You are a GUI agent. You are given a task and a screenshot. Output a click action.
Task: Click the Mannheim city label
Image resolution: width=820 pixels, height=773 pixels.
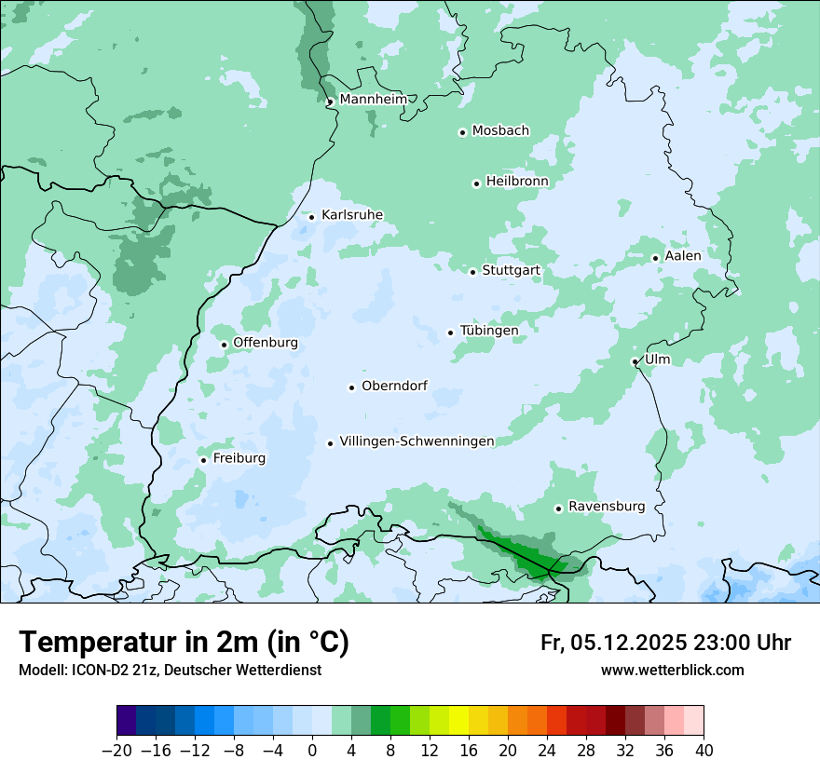tap(373, 99)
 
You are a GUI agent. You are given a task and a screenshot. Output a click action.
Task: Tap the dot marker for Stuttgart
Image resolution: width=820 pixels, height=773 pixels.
tap(472, 272)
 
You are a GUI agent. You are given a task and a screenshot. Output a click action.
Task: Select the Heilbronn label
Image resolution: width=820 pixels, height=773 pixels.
tap(517, 182)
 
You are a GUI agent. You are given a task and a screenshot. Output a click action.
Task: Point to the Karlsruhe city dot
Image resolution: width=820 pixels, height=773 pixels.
tap(311, 217)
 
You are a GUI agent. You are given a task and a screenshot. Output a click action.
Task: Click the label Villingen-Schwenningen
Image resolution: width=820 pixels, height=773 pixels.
tap(417, 441)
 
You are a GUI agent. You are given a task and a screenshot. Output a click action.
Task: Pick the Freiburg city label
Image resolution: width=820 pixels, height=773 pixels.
tap(239, 458)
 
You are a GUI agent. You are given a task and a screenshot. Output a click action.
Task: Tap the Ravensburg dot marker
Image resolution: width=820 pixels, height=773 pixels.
tap(558, 509)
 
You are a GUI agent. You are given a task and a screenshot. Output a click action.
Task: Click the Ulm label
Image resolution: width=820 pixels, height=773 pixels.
tap(657, 359)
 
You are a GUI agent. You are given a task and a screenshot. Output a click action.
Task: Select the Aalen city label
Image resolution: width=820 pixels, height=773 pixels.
tap(683, 256)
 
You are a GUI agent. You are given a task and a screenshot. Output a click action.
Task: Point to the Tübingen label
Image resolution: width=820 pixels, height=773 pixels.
tap(488, 331)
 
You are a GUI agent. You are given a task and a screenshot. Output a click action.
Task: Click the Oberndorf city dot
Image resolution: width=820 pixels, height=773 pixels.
tap(351, 387)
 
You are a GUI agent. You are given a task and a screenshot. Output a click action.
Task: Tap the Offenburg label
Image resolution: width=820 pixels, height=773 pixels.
tap(266, 343)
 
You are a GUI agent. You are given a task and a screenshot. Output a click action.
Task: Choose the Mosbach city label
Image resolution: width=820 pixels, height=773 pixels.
tap(500, 131)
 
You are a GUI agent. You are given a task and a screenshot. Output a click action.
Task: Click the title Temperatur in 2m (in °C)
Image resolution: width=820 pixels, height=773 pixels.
tap(184, 643)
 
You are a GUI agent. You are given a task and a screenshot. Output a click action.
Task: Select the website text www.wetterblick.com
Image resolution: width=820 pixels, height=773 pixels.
tap(672, 671)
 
